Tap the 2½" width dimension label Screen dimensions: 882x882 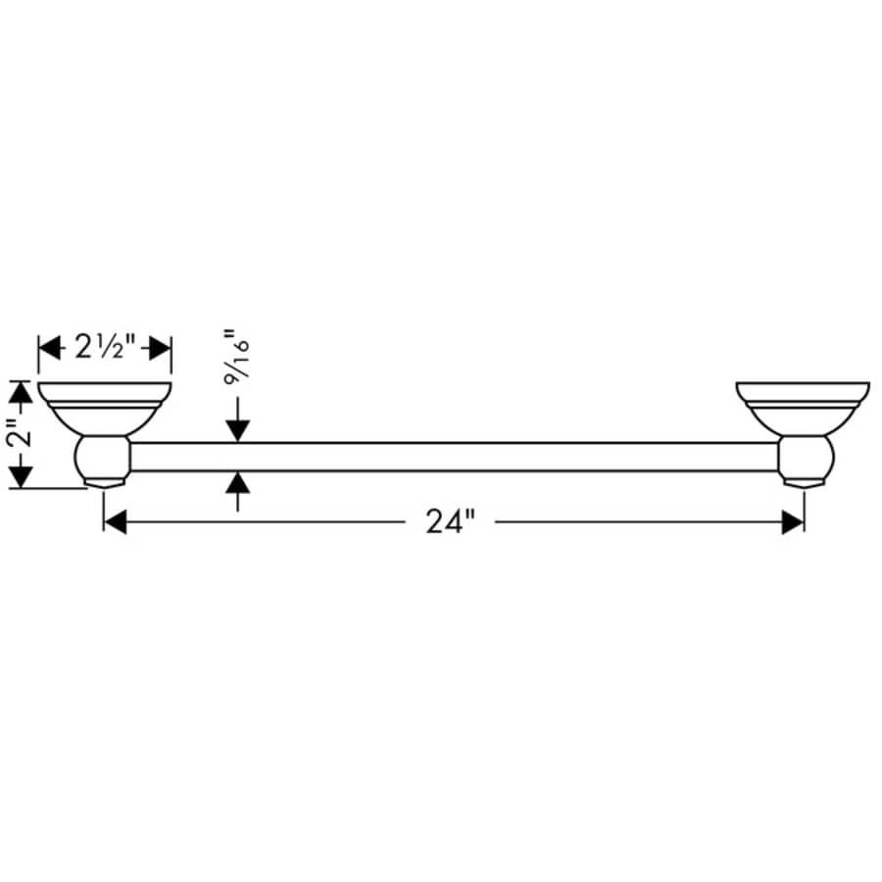coord(104,347)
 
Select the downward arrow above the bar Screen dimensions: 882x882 coord(238,430)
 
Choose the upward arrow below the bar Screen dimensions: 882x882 coord(238,483)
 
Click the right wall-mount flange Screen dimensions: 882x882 coord(803,404)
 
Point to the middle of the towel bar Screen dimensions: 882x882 coord(456,457)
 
